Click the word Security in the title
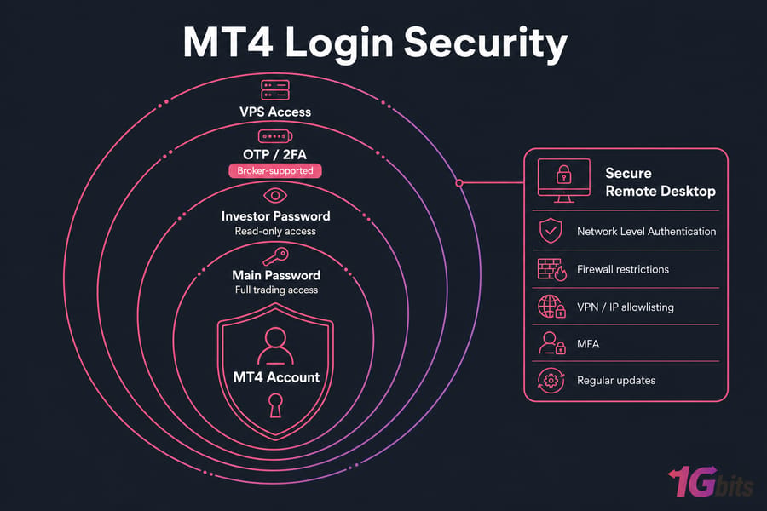click(486, 44)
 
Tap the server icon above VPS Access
click(275, 90)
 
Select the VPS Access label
click(275, 112)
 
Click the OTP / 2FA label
click(275, 154)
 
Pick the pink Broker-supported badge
click(275, 170)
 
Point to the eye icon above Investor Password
click(275, 196)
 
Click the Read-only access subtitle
click(275, 231)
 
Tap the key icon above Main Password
click(276, 255)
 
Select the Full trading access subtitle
click(276, 290)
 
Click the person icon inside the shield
click(275, 346)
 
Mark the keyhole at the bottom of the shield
click(276, 406)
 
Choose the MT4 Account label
click(276, 377)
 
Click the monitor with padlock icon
click(564, 181)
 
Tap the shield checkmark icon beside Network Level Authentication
click(551, 231)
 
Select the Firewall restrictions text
click(623, 269)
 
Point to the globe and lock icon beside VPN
click(551, 307)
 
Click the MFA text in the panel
click(588, 344)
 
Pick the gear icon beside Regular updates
click(551, 381)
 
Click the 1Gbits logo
click(711, 482)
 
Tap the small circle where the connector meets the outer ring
click(458, 183)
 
